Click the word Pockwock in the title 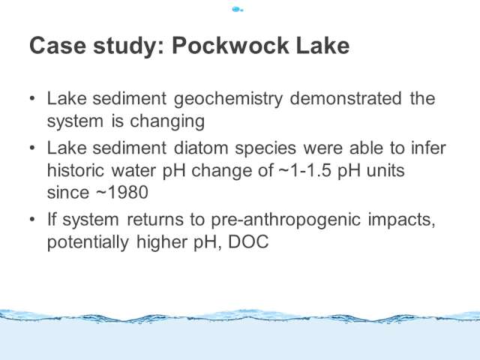pos(230,45)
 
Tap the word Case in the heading pos(58,45)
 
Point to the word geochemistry pos(228,100)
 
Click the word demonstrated pos(346,98)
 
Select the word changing pos(167,122)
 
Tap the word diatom pos(201,148)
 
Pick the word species pos(265,149)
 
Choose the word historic pos(76,170)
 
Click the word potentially pos(88,243)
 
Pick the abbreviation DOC pos(248,241)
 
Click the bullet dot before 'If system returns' pos(33,220)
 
